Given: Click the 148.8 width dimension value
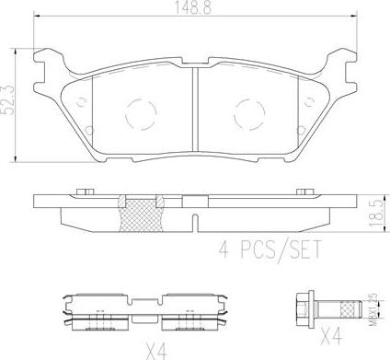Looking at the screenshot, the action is point(193,6).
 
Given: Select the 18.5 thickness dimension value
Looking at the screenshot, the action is point(376,213).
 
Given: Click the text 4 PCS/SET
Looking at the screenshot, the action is point(270,250).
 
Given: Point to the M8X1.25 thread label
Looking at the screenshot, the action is point(373,308).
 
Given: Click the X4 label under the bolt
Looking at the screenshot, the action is point(331,336).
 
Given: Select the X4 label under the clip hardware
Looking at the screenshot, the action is point(156,351).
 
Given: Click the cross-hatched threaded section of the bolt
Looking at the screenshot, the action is point(350,308).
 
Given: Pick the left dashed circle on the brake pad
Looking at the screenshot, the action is point(141,114).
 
